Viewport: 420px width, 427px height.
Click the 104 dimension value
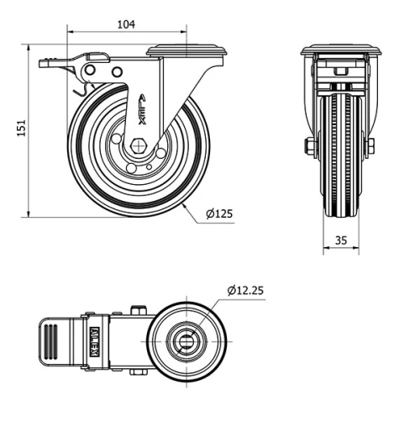(x=126, y=24)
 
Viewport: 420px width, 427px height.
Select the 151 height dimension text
(x=23, y=126)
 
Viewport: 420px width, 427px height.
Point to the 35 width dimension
(x=341, y=240)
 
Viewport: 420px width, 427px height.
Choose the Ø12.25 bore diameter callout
(x=245, y=291)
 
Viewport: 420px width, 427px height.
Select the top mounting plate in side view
(x=187, y=50)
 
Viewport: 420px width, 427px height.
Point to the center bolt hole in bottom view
(x=186, y=342)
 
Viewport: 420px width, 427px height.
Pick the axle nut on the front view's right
(x=370, y=148)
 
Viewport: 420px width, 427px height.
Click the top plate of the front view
(x=340, y=50)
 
